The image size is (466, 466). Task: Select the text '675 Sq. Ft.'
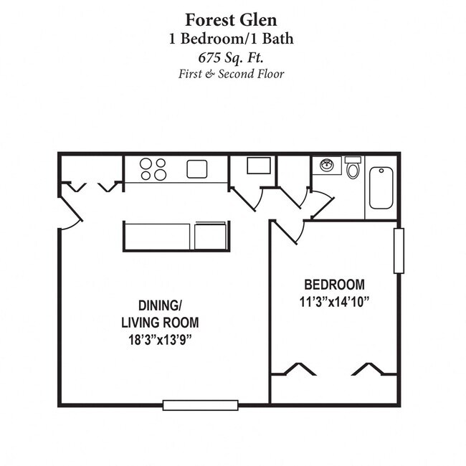point(232,57)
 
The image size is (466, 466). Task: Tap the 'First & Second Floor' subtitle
point(232,74)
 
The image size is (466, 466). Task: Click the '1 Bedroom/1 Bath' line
point(232,39)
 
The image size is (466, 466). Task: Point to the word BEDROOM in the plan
point(333,285)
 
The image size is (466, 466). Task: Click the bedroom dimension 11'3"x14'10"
point(333,302)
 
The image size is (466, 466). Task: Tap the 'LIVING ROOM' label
point(160,322)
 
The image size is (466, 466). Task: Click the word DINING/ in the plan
point(160,304)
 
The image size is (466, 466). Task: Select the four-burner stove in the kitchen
point(153,169)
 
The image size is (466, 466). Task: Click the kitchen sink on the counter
point(197,169)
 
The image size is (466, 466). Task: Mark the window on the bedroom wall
point(399,250)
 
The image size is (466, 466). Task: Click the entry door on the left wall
point(70,212)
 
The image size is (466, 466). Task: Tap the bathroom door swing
point(320,205)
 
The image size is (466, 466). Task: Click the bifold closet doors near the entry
point(92,187)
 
